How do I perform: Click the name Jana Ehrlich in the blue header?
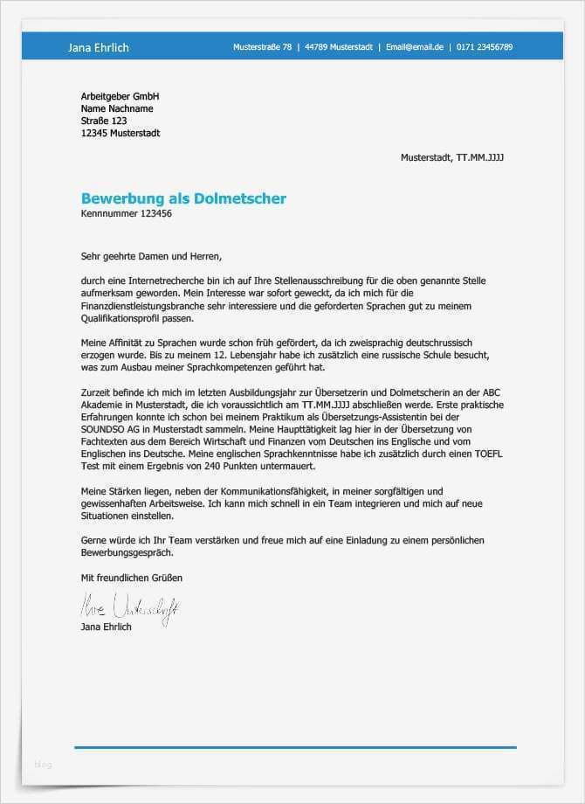pyautogui.click(x=98, y=47)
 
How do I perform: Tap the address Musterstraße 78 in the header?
pyautogui.click(x=262, y=47)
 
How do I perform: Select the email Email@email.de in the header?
pyautogui.click(x=415, y=47)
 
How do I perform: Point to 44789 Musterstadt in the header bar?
pyautogui.click(x=339, y=47)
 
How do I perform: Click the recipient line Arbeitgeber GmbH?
pyautogui.click(x=120, y=96)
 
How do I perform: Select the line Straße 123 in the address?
pyautogui.click(x=104, y=121)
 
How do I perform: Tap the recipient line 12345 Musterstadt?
pyautogui.click(x=120, y=134)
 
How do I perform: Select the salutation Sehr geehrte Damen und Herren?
pyautogui.click(x=151, y=257)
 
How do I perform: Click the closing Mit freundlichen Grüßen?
pyautogui.click(x=132, y=578)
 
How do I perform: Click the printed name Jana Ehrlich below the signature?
pyautogui.click(x=106, y=627)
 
